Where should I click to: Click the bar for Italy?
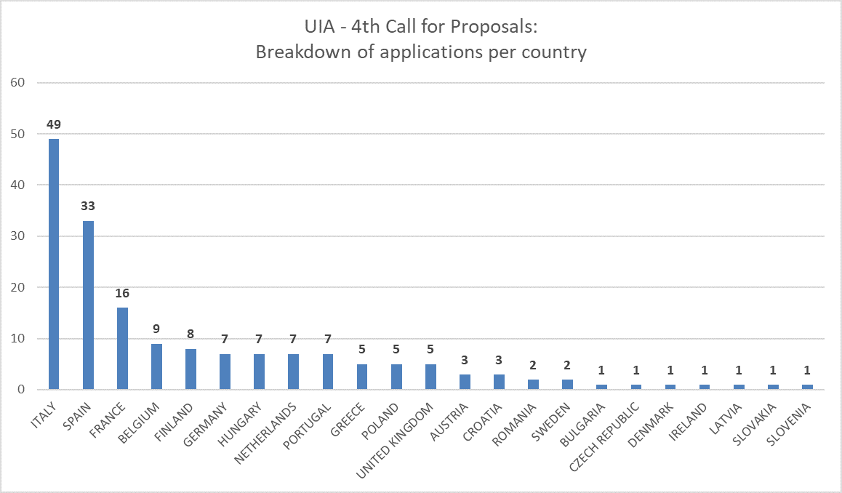(x=54, y=264)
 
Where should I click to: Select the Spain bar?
(x=88, y=305)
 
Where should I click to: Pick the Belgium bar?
(x=156, y=366)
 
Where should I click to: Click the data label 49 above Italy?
(x=54, y=124)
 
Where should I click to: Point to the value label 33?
(x=88, y=207)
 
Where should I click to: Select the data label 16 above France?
(x=122, y=293)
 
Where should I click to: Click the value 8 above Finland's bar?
(x=191, y=334)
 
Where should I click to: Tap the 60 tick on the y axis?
(x=19, y=82)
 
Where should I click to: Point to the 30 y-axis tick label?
(x=19, y=236)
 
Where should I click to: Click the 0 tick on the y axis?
(x=22, y=390)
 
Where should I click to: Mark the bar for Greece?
(x=362, y=377)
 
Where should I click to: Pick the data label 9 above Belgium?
(x=156, y=329)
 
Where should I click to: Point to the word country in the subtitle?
(x=550, y=52)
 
